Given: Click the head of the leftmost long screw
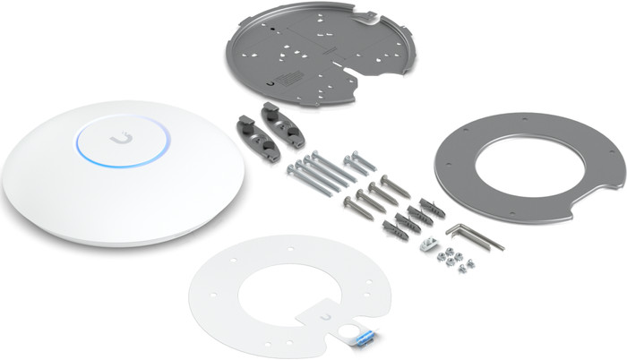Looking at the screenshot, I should tap(291, 168).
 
